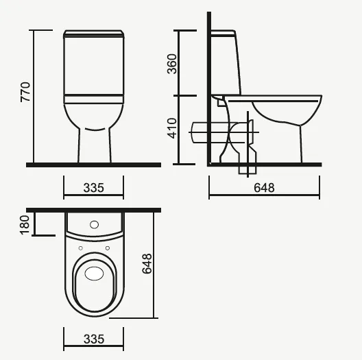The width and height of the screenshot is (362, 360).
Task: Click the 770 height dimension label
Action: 25,92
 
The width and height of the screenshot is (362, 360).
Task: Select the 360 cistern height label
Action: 172,64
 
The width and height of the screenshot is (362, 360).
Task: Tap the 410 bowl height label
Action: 172,128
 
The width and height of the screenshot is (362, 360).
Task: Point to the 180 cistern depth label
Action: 25,225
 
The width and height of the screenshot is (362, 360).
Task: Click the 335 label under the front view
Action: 93,188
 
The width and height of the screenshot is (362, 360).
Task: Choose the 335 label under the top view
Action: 94,339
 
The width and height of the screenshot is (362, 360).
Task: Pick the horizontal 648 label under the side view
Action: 264,188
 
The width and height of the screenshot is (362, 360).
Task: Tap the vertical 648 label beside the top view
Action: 147,264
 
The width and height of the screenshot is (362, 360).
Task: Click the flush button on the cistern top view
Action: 94,224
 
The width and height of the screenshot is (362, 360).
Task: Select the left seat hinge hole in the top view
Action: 81,248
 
